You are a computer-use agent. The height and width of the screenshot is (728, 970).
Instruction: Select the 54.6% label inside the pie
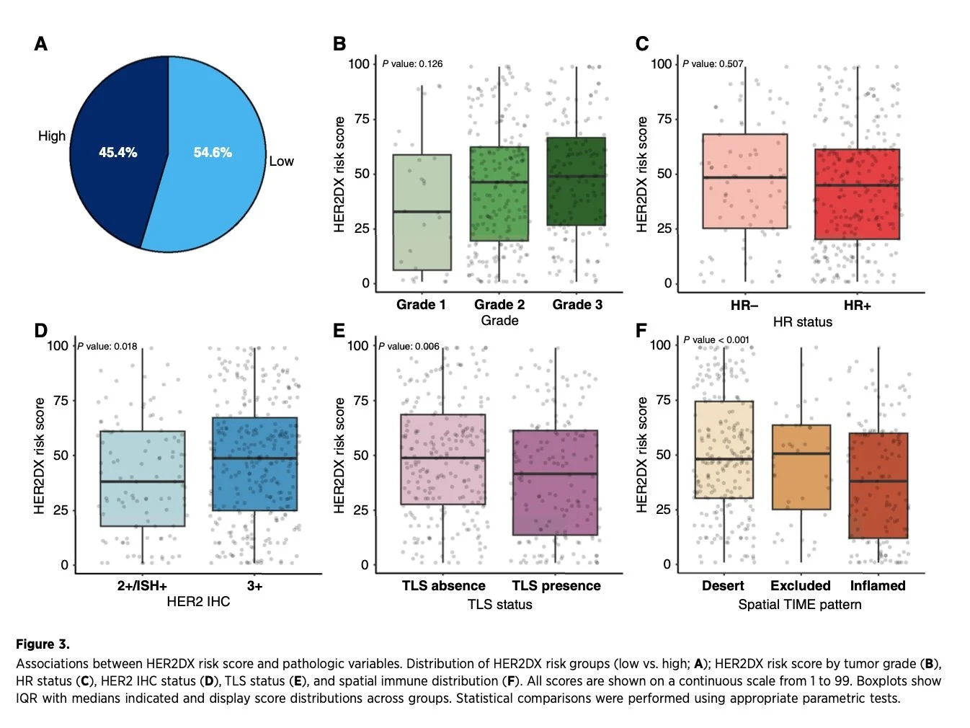(213, 153)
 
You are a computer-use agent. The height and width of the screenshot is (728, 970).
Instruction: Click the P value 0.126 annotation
(412, 64)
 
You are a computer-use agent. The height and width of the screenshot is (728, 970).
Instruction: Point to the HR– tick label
(744, 306)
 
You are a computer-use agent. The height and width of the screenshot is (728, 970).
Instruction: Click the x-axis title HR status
(802, 322)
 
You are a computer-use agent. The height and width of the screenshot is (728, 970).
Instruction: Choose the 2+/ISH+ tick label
(142, 586)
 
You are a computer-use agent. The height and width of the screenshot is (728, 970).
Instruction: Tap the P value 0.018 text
(107, 347)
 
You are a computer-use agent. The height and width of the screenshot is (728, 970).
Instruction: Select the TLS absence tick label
(443, 586)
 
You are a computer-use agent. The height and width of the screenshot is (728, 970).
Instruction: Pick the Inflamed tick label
(878, 586)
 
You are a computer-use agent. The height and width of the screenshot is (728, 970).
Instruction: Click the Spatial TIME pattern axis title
(800, 605)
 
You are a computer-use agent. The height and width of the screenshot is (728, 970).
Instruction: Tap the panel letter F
(641, 331)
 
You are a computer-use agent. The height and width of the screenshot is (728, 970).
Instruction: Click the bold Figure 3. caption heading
(43, 644)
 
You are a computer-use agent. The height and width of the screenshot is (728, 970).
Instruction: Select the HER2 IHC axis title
(198, 602)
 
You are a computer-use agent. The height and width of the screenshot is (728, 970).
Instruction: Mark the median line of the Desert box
(724, 459)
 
